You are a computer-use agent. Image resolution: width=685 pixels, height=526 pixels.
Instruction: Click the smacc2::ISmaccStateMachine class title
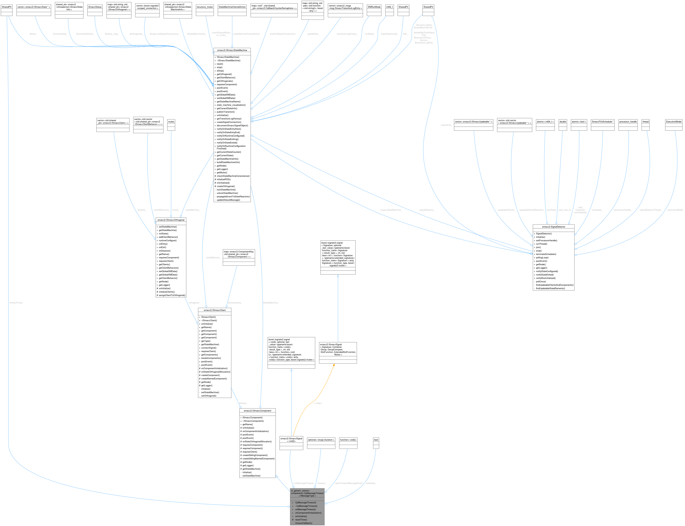[x=232, y=50]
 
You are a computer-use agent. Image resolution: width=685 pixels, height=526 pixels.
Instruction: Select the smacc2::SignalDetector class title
[x=553, y=227]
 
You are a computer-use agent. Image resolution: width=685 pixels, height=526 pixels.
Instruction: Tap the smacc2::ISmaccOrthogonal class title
[x=171, y=220]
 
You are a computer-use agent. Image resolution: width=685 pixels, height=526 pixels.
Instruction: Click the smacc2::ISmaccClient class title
[x=215, y=310]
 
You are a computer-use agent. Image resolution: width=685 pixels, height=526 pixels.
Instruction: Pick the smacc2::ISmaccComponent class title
[x=257, y=410]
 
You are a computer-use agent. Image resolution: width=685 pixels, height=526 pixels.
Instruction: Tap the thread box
[x=645, y=121]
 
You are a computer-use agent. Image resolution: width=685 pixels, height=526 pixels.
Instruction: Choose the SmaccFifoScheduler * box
[x=602, y=121]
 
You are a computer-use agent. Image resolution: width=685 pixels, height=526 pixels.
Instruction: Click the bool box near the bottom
[x=376, y=440]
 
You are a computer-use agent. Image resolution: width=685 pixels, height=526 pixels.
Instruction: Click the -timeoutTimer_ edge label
[x=16, y=303]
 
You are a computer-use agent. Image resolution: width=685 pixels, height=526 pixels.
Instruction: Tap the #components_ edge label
[x=235, y=303]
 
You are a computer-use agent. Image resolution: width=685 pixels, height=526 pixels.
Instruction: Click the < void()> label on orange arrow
[x=318, y=403]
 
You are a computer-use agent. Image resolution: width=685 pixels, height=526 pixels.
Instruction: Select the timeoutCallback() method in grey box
[x=304, y=523]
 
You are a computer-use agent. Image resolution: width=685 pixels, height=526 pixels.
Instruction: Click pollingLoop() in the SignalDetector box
[x=542, y=258]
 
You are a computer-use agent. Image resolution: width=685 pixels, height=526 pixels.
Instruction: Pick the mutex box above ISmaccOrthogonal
[x=171, y=121]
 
